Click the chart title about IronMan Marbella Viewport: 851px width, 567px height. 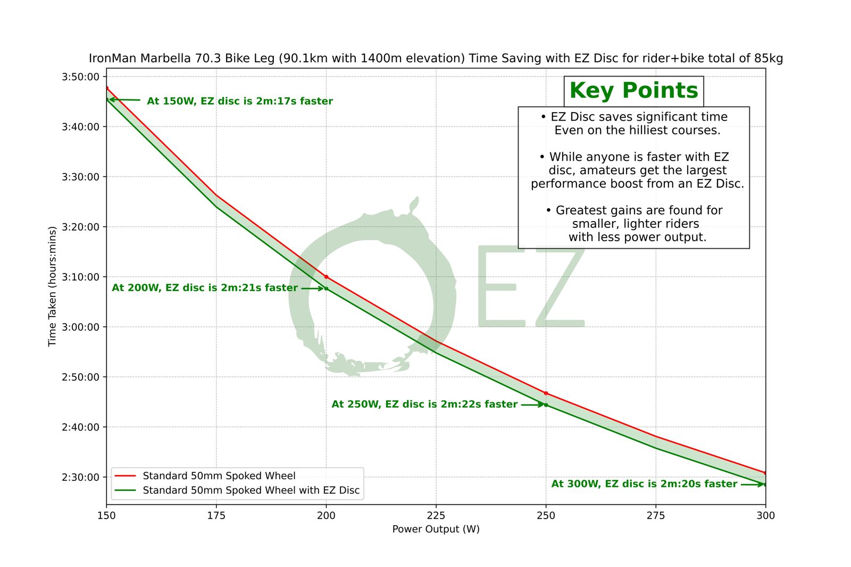[436, 58]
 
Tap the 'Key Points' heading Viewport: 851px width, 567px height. [633, 91]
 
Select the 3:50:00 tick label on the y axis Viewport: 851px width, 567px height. [81, 77]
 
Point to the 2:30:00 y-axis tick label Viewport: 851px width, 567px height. [81, 477]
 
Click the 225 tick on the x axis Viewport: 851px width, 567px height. [436, 515]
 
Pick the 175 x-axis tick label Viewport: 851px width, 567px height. [216, 515]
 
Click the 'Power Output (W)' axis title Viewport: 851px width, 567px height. [436, 529]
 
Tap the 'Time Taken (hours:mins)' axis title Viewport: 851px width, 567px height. [52, 286]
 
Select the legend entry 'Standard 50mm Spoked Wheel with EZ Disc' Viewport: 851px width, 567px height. [251, 490]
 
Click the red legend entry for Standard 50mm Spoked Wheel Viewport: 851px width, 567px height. [219, 476]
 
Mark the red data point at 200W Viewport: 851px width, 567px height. [327, 277]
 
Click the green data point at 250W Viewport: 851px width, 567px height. [546, 405]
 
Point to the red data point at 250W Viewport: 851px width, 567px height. [546, 393]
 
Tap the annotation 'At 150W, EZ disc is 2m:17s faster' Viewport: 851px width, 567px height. [240, 101]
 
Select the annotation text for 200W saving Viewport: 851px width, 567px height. [205, 288]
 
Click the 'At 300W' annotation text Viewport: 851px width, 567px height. [644, 484]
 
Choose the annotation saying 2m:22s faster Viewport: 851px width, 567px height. [424, 404]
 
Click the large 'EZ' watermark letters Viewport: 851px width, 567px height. [531, 287]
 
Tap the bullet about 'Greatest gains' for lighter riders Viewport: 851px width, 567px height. [635, 224]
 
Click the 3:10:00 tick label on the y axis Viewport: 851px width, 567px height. [81, 277]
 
